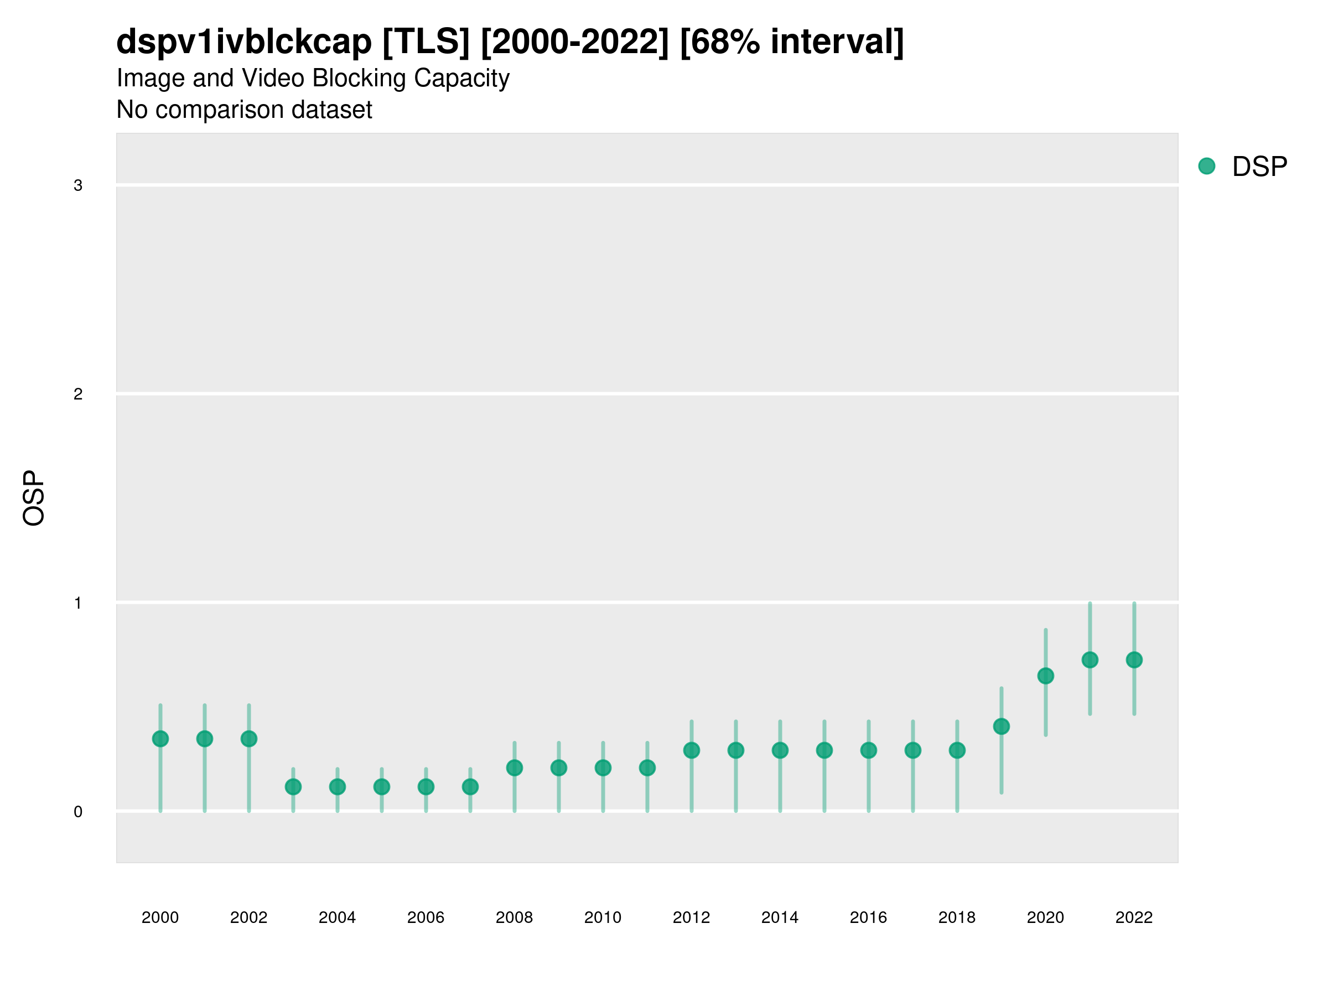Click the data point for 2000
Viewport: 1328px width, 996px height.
[160, 739]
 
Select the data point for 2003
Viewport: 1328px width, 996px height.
[293, 786]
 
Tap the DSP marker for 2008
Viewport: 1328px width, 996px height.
[515, 768]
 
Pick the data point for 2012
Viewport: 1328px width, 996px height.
[692, 750]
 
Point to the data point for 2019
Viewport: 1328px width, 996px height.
[1002, 727]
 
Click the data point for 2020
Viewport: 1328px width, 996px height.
[1046, 676]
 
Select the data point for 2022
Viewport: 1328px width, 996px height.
[1134, 660]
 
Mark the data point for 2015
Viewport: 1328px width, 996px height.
[824, 750]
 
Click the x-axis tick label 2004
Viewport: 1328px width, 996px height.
[337, 917]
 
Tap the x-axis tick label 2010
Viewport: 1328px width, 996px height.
[603, 917]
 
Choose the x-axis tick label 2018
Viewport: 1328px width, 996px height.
[957, 917]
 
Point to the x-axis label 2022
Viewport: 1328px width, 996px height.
[1134, 917]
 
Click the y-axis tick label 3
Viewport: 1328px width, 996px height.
[78, 185]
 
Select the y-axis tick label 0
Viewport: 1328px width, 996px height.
[78, 812]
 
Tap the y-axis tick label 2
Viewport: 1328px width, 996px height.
[78, 395]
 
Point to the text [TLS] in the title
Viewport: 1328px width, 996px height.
[426, 42]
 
